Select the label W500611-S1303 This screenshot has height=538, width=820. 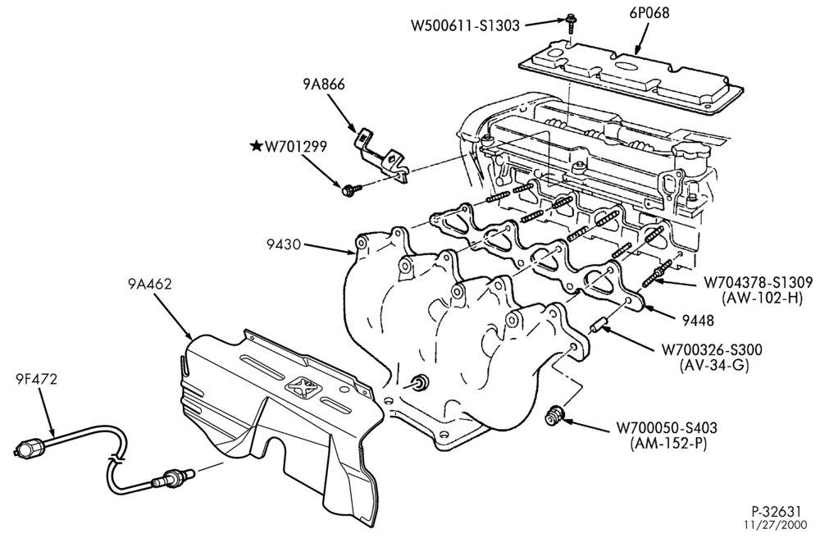(x=465, y=25)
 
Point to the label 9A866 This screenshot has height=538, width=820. (x=323, y=84)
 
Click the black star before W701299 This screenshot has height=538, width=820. (x=256, y=146)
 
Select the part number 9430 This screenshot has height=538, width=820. (x=284, y=244)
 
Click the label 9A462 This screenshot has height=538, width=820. (x=149, y=284)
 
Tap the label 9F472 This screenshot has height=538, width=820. (x=36, y=379)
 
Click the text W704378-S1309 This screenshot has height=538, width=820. (x=758, y=283)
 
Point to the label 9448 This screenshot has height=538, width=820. (x=697, y=320)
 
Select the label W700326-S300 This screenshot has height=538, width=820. (x=712, y=349)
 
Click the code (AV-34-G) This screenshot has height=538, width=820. (x=714, y=366)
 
